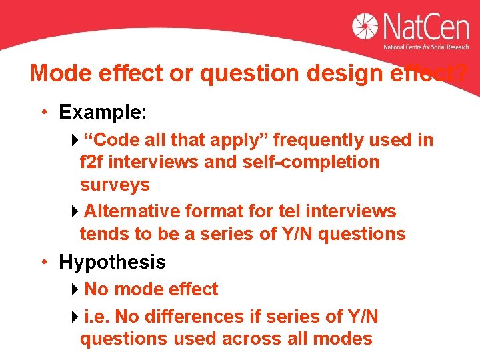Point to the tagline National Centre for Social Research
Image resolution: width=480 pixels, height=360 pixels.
point(425,47)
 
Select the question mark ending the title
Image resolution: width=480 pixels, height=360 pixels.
point(458,73)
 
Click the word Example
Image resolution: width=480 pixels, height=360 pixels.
point(102,112)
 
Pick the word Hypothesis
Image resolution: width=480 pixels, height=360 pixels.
point(112,262)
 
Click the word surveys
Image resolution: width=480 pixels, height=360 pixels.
point(115,185)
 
